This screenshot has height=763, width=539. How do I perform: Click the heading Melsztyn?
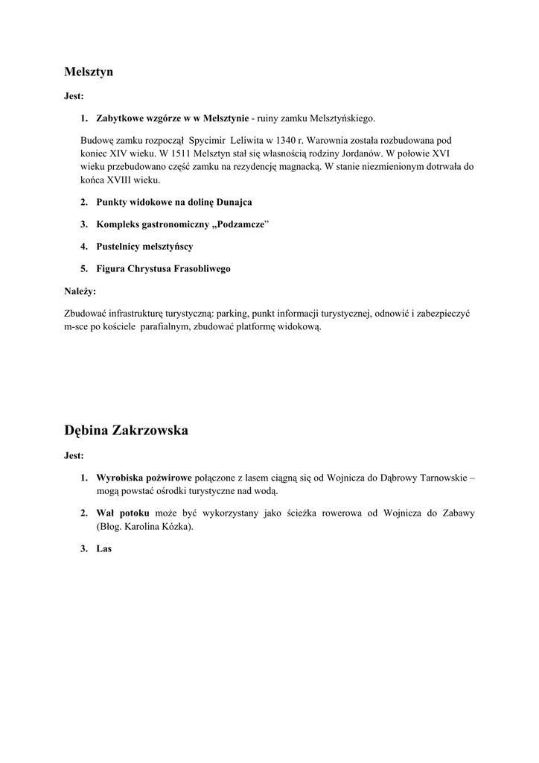click(x=88, y=72)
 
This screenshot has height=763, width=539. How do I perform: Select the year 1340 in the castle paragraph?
click(x=264, y=140)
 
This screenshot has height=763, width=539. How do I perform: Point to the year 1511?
click(x=173, y=153)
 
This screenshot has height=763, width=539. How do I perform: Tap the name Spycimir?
click(x=209, y=140)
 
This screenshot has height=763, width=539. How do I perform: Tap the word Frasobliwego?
click(x=200, y=268)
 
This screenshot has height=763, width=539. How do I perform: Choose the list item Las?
click(x=103, y=549)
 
